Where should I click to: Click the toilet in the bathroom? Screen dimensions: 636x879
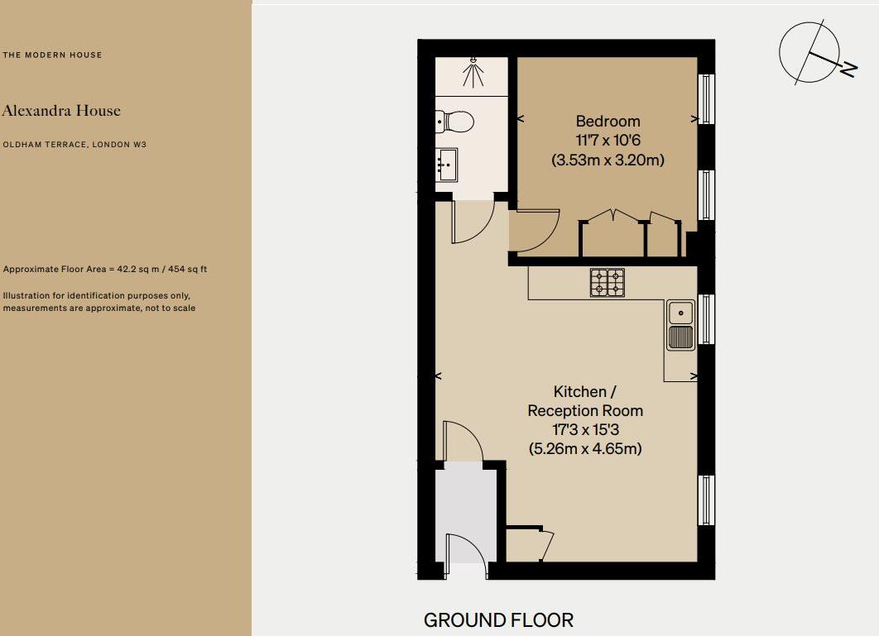pyautogui.click(x=455, y=122)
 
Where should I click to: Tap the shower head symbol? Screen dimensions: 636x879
pyautogui.click(x=473, y=73)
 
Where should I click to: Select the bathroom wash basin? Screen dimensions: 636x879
pyautogui.click(x=447, y=165)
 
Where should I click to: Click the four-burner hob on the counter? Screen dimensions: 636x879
pyautogui.click(x=608, y=283)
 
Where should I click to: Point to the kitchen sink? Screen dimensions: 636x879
pyautogui.click(x=680, y=325)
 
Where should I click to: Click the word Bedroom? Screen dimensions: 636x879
pyautogui.click(x=608, y=122)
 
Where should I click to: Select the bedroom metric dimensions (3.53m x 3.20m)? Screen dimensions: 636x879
pyautogui.click(x=608, y=160)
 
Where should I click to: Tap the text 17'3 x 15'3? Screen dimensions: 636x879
pyautogui.click(x=585, y=430)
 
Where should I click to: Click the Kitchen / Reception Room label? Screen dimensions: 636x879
pyautogui.click(x=585, y=401)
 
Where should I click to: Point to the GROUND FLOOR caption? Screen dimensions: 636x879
pyautogui.click(x=498, y=619)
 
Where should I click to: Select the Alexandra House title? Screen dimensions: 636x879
pyautogui.click(x=61, y=111)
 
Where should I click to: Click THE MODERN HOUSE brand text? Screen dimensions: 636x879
pyautogui.click(x=53, y=55)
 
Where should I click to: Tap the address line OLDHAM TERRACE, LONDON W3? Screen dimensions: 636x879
pyautogui.click(x=74, y=145)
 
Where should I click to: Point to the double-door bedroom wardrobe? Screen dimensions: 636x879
pyautogui.click(x=612, y=235)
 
